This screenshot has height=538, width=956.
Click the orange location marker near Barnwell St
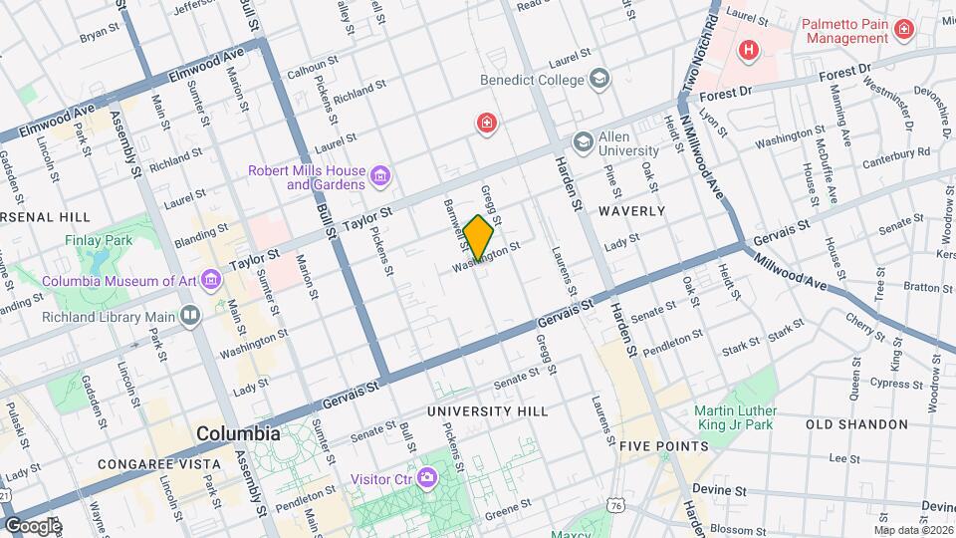click(x=478, y=238)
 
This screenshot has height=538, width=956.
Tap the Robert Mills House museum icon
click(x=379, y=177)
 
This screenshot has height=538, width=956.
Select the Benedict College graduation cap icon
click(x=599, y=78)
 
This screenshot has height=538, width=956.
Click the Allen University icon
click(x=582, y=143)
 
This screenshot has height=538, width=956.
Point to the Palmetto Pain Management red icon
click(x=904, y=30)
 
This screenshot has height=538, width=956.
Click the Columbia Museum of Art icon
click(x=210, y=280)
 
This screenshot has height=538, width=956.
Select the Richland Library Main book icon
click(x=190, y=317)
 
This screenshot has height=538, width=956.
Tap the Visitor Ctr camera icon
click(x=427, y=479)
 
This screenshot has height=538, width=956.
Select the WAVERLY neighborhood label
click(x=631, y=211)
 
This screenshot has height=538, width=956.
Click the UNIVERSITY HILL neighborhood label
click(x=487, y=410)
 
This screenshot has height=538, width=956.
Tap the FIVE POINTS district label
click(x=664, y=446)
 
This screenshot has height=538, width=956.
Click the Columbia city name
click(x=238, y=434)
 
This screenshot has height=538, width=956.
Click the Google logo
click(x=33, y=525)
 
